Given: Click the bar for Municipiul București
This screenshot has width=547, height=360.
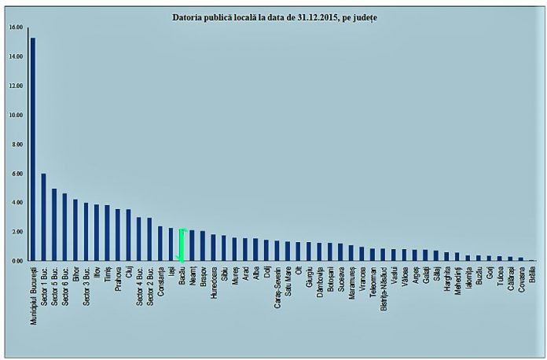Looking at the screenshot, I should (x=32, y=149).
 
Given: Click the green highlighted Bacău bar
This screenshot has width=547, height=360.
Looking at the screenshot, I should (x=182, y=244).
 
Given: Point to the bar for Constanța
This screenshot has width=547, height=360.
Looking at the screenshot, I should (x=160, y=244).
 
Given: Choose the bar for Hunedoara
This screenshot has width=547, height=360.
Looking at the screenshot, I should (x=214, y=248).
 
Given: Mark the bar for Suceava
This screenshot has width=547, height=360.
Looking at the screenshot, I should (x=340, y=252).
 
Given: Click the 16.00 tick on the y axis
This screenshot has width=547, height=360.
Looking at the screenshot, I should (x=17, y=28).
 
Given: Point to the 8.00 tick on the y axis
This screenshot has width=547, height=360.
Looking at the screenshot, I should (x=17, y=145).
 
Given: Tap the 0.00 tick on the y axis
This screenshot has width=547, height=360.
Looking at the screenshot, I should (x=17, y=261).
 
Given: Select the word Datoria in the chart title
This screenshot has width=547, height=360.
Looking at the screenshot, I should (x=189, y=17).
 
